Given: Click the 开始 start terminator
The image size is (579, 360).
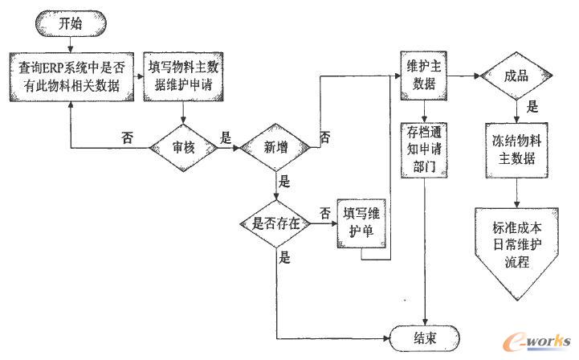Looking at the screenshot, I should point(68,24).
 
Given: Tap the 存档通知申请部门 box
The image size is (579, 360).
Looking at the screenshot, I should point(423,148).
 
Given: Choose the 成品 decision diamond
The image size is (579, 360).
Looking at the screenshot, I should point(515,77).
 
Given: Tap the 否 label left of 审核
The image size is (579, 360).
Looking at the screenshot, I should point(127,137).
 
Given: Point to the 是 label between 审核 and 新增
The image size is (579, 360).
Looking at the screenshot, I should point(226,138).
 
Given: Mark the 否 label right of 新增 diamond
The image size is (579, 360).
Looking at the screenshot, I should point(324,137).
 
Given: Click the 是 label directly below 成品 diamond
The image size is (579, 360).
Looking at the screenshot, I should point(531,107).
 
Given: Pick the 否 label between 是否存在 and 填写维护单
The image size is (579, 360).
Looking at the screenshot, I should point(324,213).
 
